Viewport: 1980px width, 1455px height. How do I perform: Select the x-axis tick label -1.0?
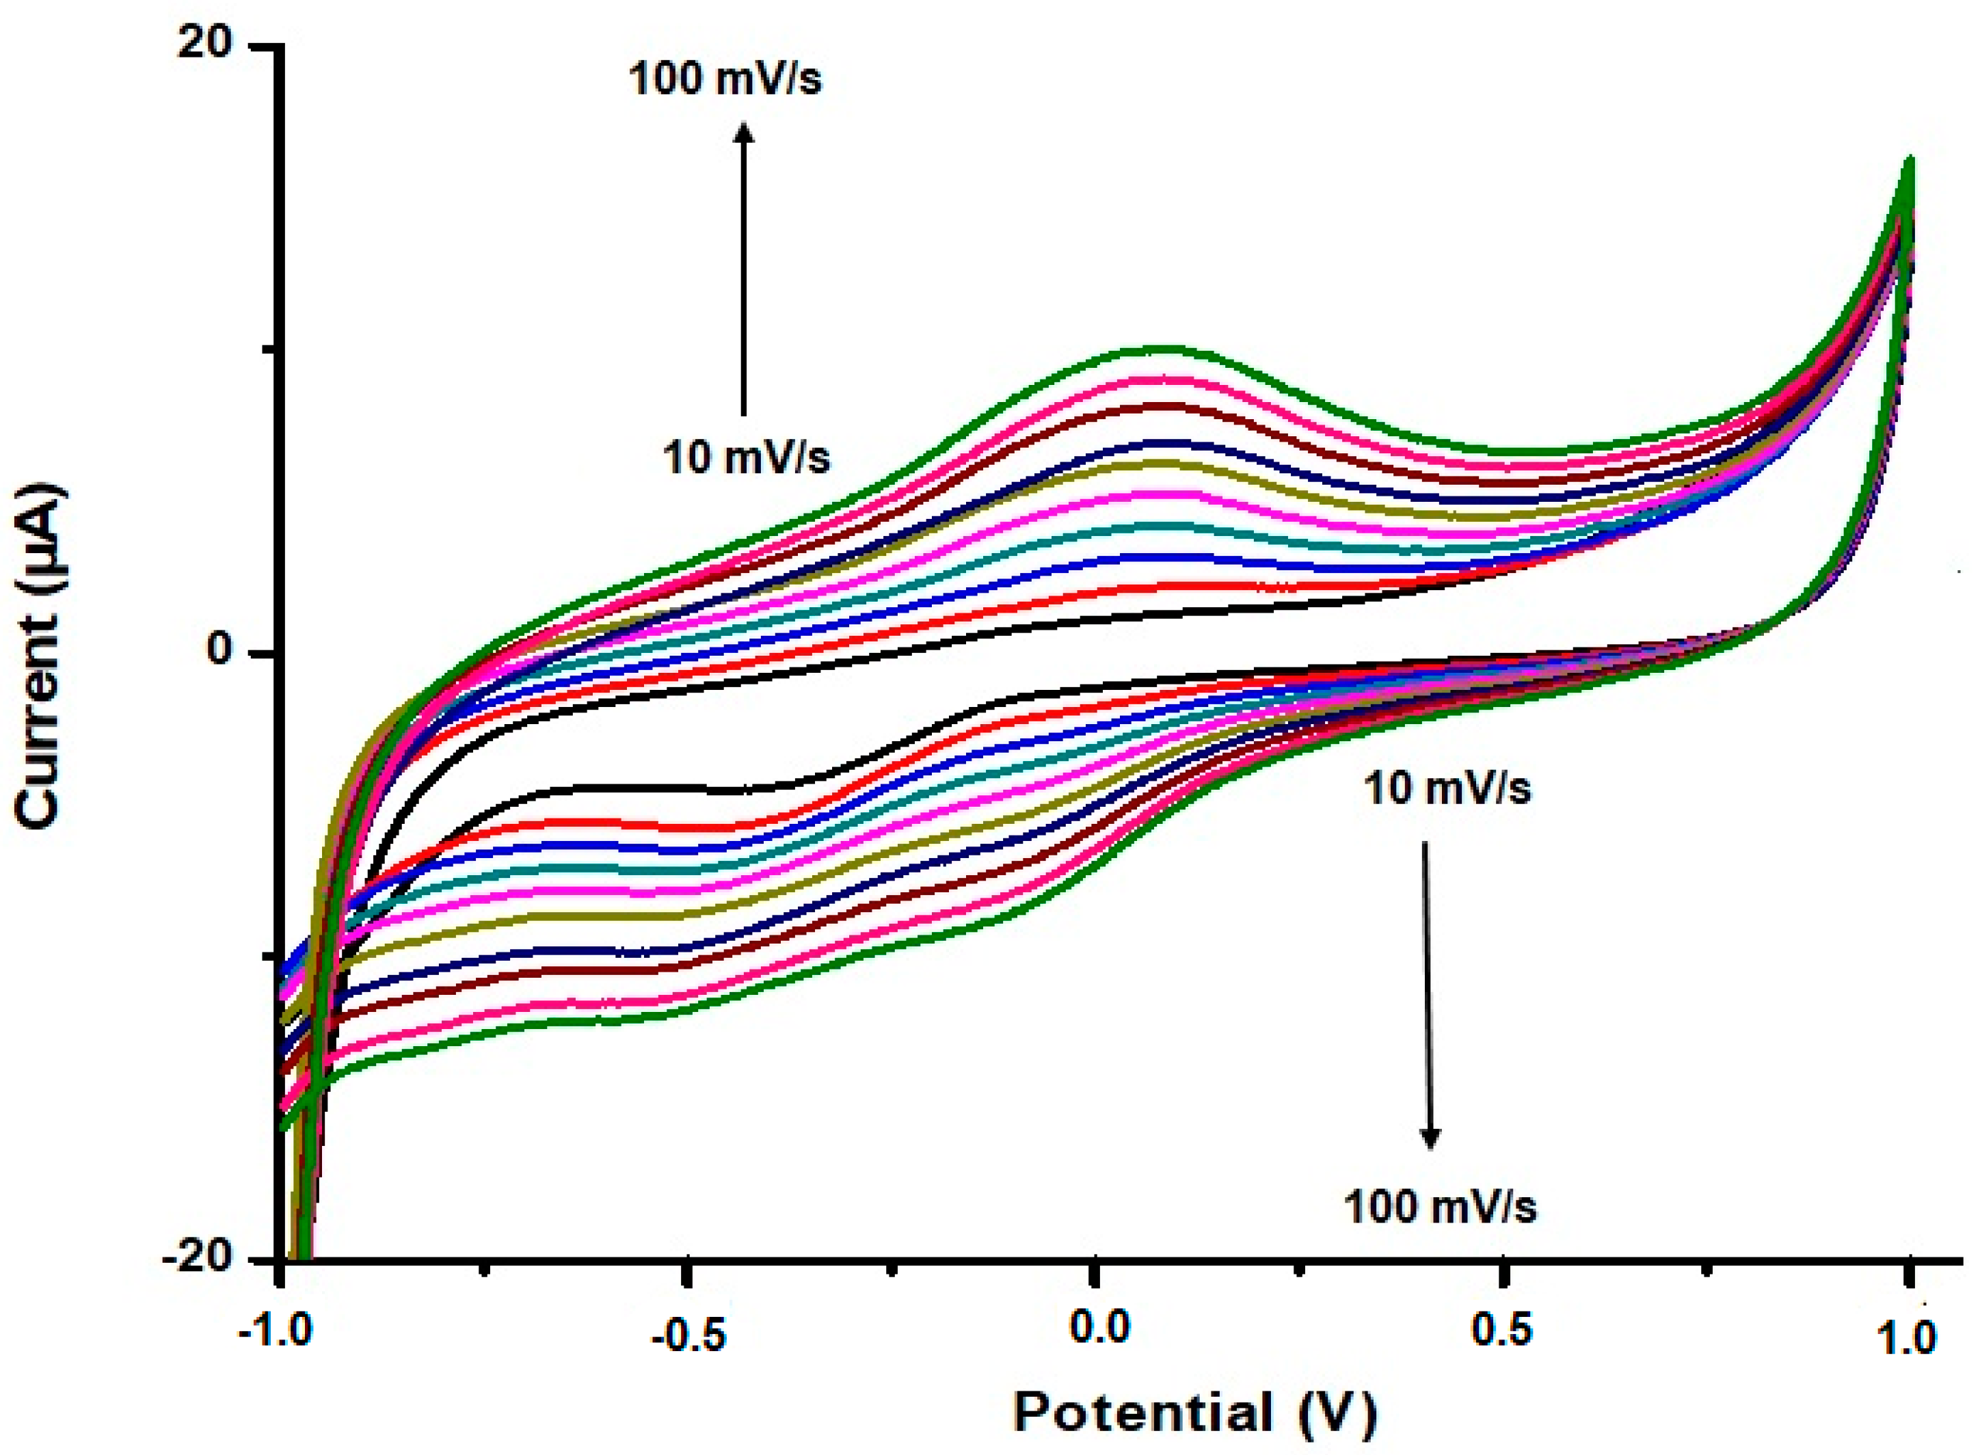pyautogui.click(x=275, y=1333)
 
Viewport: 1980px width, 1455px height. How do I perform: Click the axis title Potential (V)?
pyautogui.click(x=1194, y=1412)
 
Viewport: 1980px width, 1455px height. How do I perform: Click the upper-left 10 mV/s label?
pyautogui.click(x=746, y=458)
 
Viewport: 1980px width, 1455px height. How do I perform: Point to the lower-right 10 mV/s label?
pyautogui.click(x=1447, y=788)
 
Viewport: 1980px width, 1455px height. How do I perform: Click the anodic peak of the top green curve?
pyautogui.click(x=1162, y=349)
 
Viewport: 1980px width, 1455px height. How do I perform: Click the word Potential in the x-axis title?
pyautogui.click(x=1142, y=1412)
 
